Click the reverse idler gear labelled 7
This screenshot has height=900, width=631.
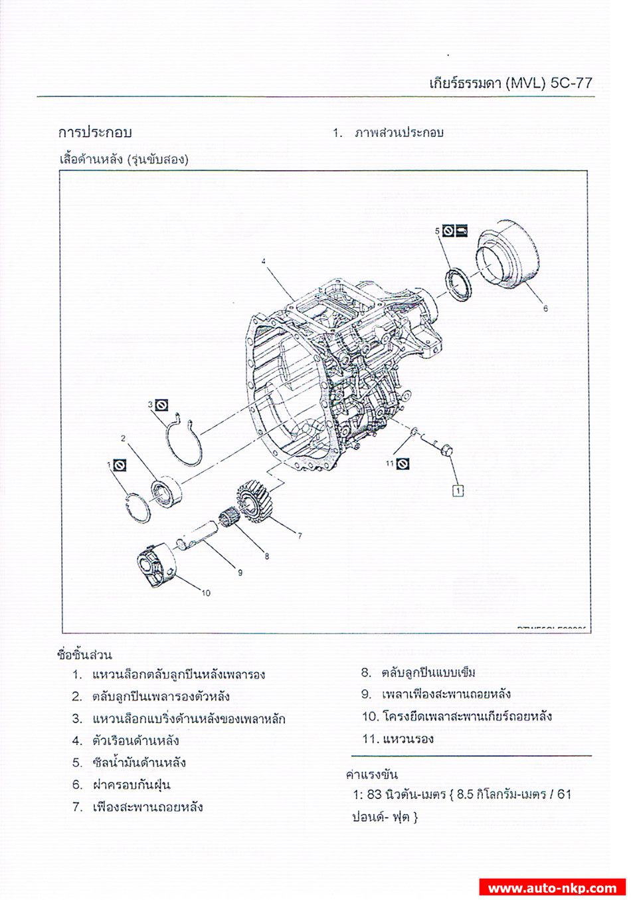coord(253,501)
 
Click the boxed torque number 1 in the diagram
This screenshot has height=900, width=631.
coord(458,491)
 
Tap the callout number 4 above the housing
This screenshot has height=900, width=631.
coord(264,262)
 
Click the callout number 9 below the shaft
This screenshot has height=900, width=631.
coord(240,572)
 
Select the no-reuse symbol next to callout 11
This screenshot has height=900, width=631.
coord(403,463)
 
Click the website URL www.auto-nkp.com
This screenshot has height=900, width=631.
coord(552,888)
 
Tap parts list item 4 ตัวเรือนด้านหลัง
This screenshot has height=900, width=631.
coord(135,740)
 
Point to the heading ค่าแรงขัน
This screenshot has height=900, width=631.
coord(372,774)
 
